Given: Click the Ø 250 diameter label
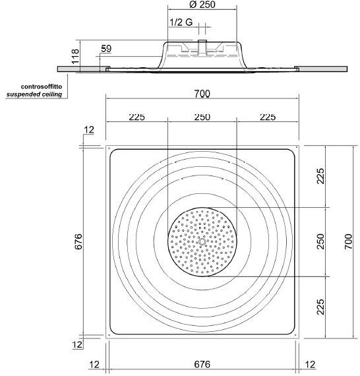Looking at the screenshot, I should [x=202, y=5].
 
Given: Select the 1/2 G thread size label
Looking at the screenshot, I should [x=181, y=22].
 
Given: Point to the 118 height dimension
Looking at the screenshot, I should [x=75, y=56].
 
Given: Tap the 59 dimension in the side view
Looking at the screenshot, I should [x=105, y=49].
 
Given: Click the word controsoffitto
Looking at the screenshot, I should [x=40, y=86].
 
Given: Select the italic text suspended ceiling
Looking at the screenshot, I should [x=34, y=95].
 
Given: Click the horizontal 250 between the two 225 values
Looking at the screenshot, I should [x=202, y=117].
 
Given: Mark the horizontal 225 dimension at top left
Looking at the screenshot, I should [x=136, y=117].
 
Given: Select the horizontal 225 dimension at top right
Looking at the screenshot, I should [x=267, y=117].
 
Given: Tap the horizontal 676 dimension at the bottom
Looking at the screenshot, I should [x=202, y=364].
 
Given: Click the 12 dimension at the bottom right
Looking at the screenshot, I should [x=310, y=364].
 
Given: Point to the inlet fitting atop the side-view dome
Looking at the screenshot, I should [x=202, y=44].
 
